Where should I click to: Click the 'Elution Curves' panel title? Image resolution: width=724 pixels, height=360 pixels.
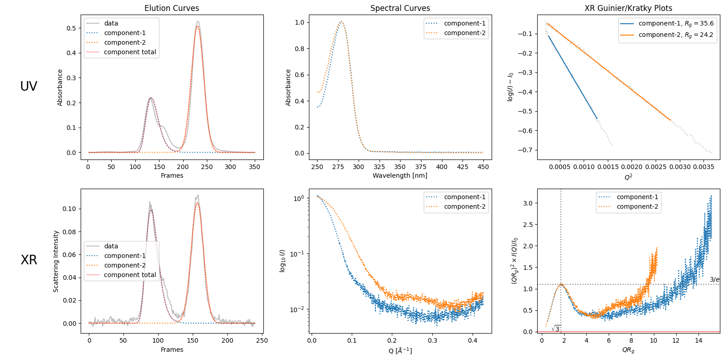[172, 8]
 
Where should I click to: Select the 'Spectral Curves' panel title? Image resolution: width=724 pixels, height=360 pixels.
[400, 8]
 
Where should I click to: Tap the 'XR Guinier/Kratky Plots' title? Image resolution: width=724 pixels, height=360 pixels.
[628, 8]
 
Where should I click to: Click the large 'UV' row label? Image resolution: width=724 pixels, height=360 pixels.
[29, 86]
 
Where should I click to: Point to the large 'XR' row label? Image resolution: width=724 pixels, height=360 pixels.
[29, 260]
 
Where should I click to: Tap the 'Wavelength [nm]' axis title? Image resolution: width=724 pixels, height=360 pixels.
[400, 175]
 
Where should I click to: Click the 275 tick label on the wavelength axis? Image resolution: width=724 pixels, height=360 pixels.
[338, 167]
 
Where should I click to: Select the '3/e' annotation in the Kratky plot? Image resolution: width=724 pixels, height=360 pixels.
[714, 279]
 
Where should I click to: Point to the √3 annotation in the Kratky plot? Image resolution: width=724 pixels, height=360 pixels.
[555, 329]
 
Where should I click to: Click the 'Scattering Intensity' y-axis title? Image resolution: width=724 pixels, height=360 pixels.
[56, 261]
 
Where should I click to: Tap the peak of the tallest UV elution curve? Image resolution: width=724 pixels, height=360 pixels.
[198, 21]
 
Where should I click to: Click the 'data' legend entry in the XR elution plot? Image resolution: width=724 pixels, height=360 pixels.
[111, 246]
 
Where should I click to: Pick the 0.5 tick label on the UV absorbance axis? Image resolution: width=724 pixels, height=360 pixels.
[72, 28]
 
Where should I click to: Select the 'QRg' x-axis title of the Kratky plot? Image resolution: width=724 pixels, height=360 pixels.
[628, 350]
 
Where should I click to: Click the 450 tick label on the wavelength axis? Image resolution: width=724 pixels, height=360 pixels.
[483, 167]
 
